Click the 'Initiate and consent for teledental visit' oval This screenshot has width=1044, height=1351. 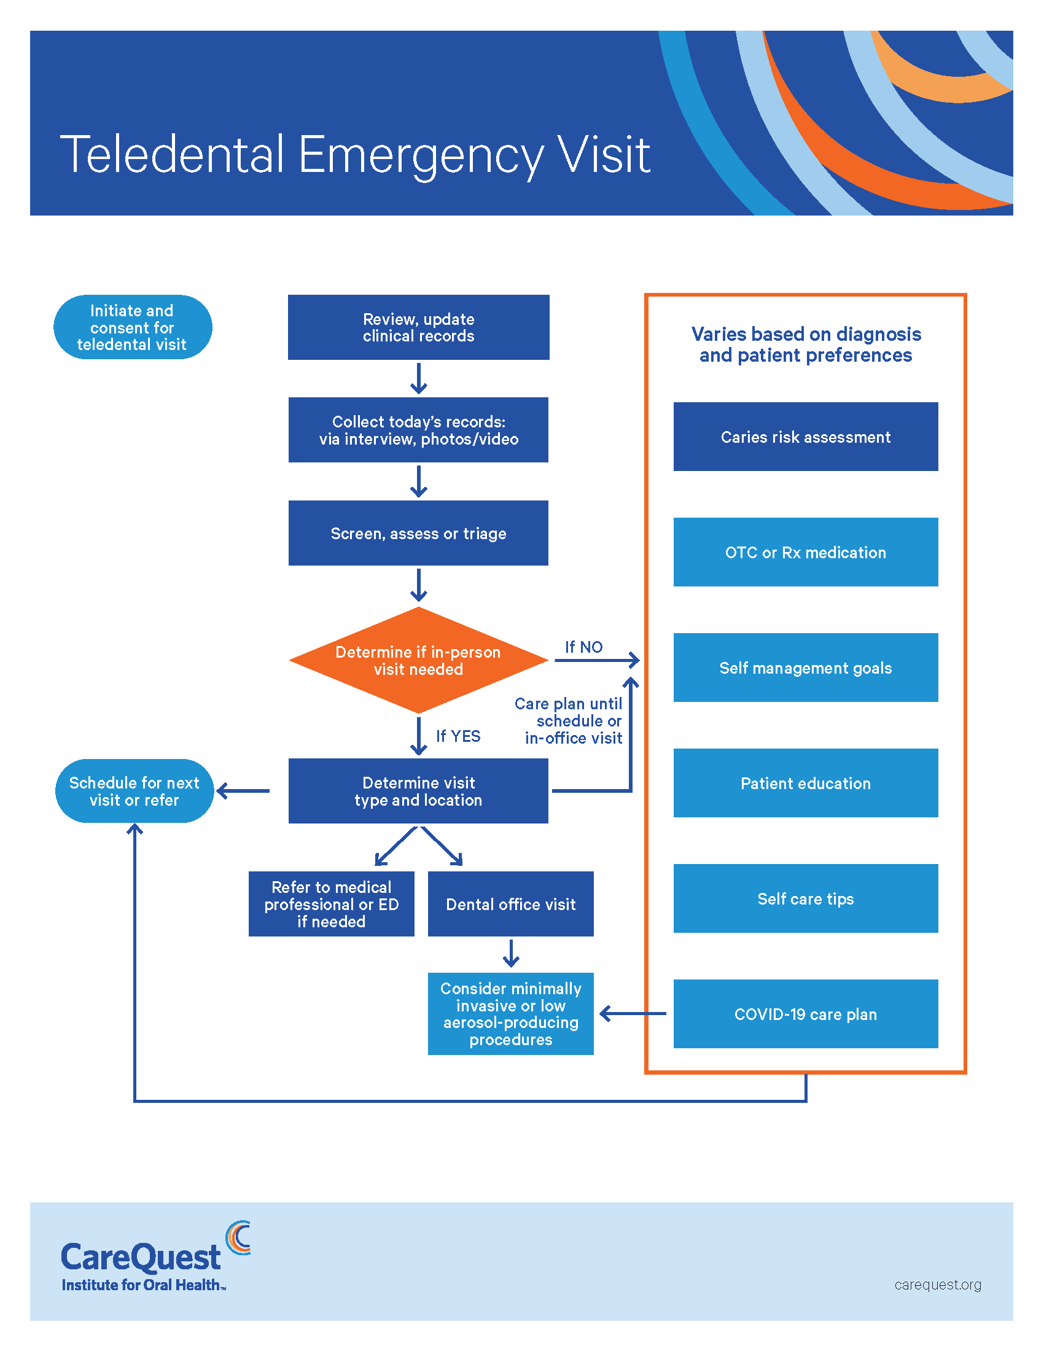pyautogui.click(x=133, y=327)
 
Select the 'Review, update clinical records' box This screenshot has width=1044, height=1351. pyautogui.click(x=418, y=327)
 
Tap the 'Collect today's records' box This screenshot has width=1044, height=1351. pyautogui.click(x=418, y=430)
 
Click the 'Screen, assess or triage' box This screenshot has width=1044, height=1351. pyautogui.click(x=418, y=533)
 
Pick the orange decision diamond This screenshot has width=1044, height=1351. pyautogui.click(x=418, y=660)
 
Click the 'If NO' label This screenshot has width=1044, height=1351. pyautogui.click(x=583, y=647)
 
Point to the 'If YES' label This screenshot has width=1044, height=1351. pyautogui.click(x=458, y=736)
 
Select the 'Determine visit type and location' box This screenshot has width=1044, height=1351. pyautogui.click(x=418, y=791)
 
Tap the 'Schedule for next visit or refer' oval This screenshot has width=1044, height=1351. pyautogui.click(x=134, y=791)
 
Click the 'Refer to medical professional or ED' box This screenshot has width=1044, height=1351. pyautogui.click(x=331, y=904)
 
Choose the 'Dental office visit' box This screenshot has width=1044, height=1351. pyautogui.click(x=510, y=904)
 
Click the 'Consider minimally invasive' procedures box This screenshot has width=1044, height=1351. pyautogui.click(x=510, y=1013)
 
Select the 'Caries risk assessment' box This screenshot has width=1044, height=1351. pyautogui.click(x=805, y=437)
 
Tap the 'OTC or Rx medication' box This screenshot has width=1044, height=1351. pyautogui.click(x=805, y=553)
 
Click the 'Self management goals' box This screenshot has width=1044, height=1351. pyautogui.click(x=805, y=668)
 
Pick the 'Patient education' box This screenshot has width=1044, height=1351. pyautogui.click(x=805, y=783)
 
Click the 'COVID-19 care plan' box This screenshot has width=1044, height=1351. pyautogui.click(x=805, y=1014)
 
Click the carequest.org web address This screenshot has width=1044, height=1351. pyautogui.click(x=937, y=1285)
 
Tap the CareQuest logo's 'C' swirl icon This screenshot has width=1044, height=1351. pyautogui.click(x=238, y=1238)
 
